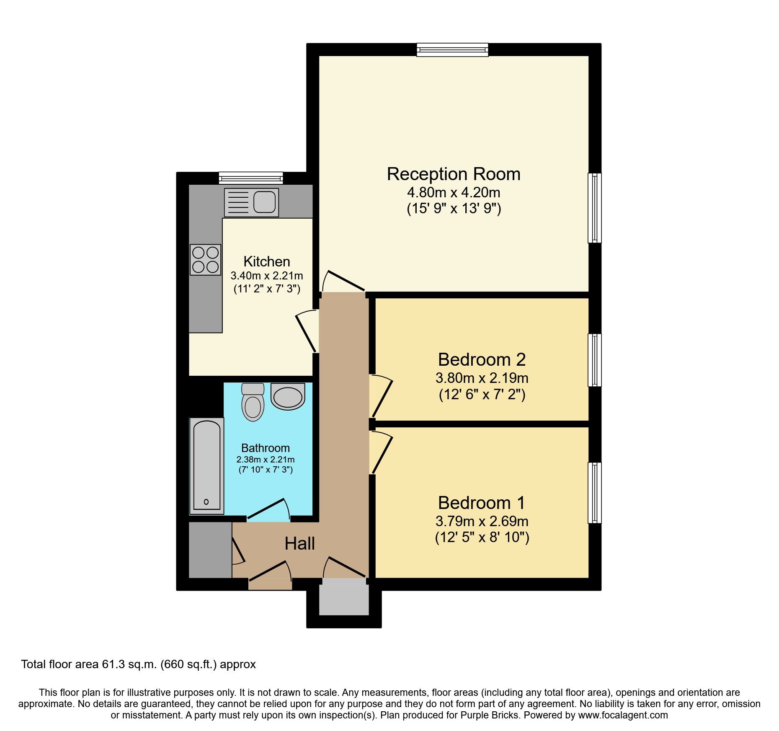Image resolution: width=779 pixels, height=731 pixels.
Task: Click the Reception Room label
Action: click(x=453, y=174)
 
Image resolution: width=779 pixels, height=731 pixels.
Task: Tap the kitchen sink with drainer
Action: click(x=251, y=202)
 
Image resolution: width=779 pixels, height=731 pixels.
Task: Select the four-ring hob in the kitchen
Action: click(x=205, y=259)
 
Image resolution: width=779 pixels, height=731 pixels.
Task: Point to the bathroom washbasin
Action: click(x=287, y=396)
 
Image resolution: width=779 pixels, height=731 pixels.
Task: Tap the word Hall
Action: click(x=299, y=544)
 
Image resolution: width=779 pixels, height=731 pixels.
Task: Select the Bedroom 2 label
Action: click(x=482, y=359)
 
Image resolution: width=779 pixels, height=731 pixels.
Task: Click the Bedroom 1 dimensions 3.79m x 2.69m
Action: click(x=482, y=521)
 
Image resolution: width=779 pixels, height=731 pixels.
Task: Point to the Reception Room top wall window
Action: click(x=452, y=50)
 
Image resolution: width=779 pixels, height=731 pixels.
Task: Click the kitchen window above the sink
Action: click(x=251, y=178)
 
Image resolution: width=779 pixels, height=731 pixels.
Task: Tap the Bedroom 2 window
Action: click(x=594, y=360)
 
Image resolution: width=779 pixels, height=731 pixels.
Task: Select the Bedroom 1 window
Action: click(x=594, y=493)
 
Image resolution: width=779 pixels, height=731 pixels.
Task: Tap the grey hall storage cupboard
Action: click(x=210, y=550)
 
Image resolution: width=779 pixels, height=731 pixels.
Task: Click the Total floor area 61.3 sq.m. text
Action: click(x=138, y=664)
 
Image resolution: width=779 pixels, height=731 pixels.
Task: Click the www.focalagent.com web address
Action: click(x=623, y=715)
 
